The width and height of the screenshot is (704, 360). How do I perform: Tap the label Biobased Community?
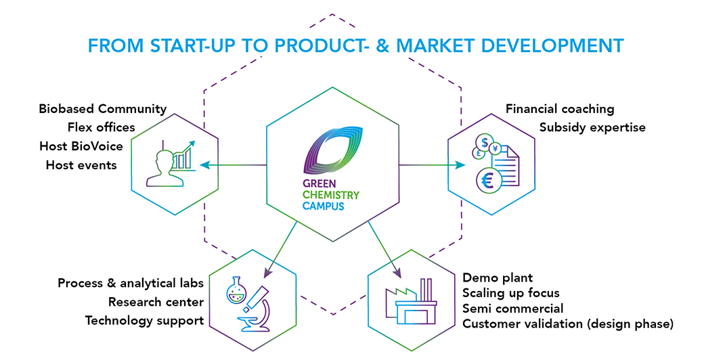pyautogui.click(x=103, y=109)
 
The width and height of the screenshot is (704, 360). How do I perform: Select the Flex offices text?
pyautogui.click(x=102, y=127)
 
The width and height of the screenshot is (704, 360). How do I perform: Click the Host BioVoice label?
pyautogui.click(x=81, y=146)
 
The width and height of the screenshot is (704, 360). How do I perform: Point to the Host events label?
pyautogui.click(x=81, y=165)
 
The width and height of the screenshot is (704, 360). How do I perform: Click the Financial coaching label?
pyautogui.click(x=560, y=109)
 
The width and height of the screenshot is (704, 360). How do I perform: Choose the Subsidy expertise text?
pyautogui.click(x=593, y=127)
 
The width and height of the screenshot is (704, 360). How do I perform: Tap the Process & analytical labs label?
pyautogui.click(x=131, y=284)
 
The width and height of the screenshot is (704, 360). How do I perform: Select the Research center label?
pyautogui.click(x=156, y=302)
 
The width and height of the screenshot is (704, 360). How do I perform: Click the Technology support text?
pyautogui.click(x=145, y=321)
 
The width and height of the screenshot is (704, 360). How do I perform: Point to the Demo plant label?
pyautogui.click(x=498, y=278)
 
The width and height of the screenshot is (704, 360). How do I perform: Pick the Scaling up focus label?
pyautogui.click(x=511, y=293)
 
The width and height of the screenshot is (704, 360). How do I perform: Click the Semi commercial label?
pyautogui.click(x=512, y=309)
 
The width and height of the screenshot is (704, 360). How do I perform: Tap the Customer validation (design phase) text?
pyautogui.click(x=568, y=323)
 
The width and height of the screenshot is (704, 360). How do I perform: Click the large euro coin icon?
pyautogui.click(x=488, y=181)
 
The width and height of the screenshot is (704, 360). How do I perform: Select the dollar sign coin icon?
pyautogui.click(x=485, y=143)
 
